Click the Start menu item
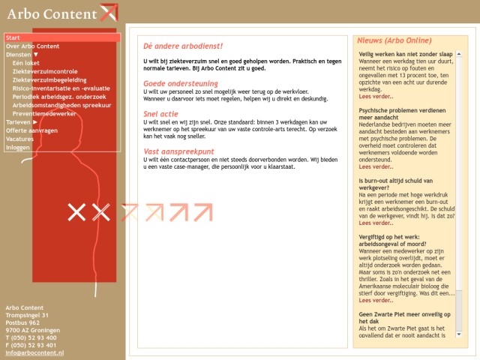[x=13, y=37]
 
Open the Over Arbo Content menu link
[x=32, y=46]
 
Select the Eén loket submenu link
[x=26, y=63]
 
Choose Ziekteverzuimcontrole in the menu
[x=45, y=71]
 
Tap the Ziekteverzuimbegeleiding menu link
[x=50, y=79]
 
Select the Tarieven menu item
[x=19, y=121]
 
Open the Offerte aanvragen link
[x=32, y=130]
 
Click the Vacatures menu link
[x=19, y=139]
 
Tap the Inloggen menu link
[x=18, y=147]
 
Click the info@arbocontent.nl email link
[x=34, y=352]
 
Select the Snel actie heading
[x=160, y=114]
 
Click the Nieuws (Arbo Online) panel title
[x=394, y=40]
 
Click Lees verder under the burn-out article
[x=376, y=223]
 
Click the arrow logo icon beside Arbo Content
[x=109, y=13]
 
